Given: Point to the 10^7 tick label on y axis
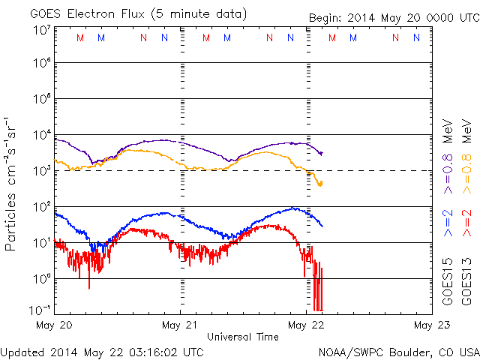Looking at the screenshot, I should coord(41,31).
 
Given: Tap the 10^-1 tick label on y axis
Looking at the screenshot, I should coord(41,310).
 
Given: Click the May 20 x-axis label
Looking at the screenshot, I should coord(53,325).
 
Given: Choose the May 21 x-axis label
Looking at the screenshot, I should coord(180,325).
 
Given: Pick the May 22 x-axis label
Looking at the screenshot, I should coord(305,325).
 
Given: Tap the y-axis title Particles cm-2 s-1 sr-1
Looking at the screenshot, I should coord(13,184).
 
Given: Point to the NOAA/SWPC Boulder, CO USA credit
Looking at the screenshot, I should coord(398,351).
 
